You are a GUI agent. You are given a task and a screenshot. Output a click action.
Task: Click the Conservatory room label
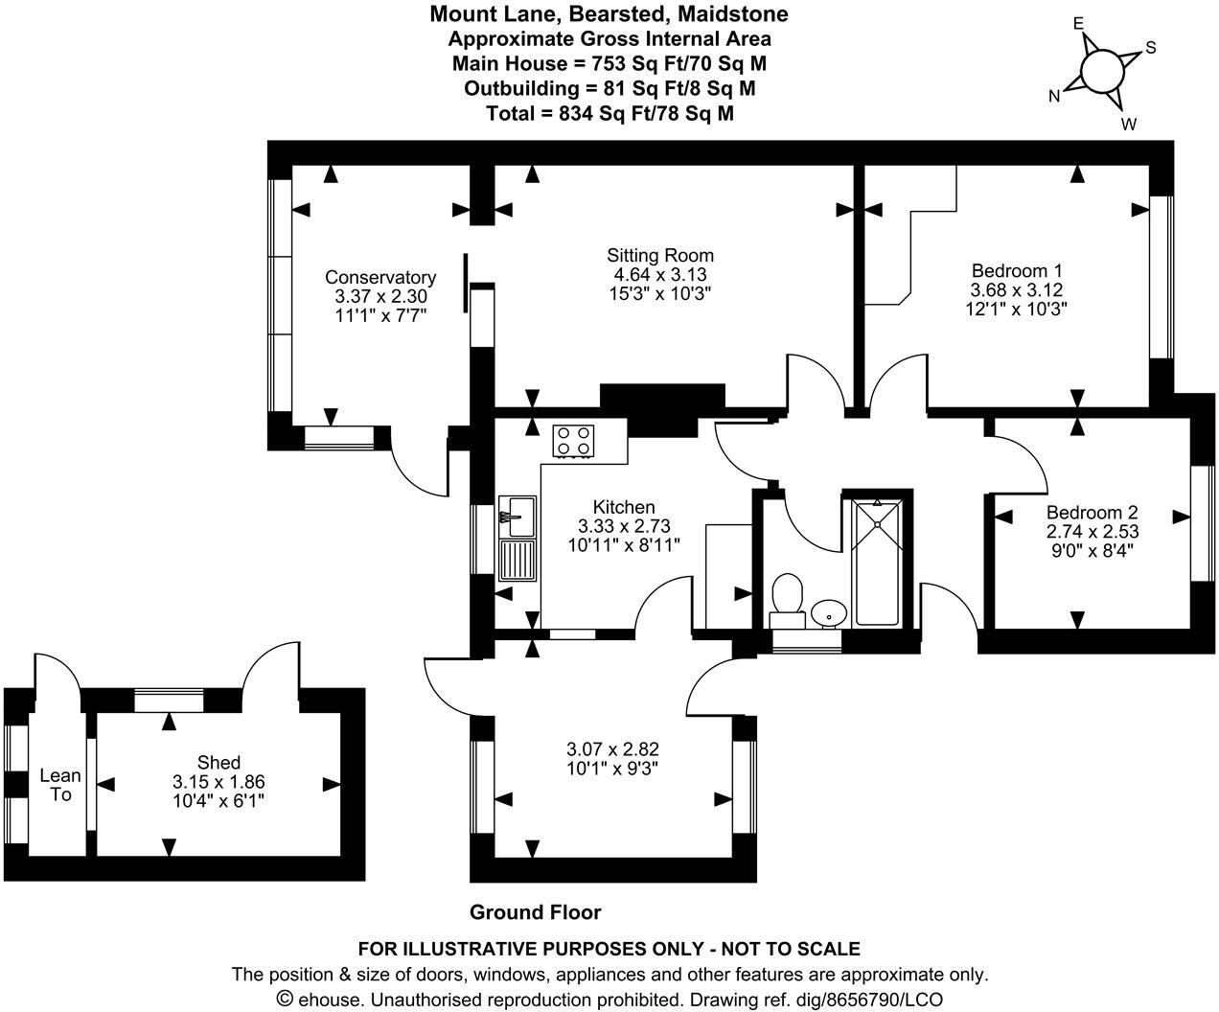[380, 277]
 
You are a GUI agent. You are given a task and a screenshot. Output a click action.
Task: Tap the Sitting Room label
[660, 255]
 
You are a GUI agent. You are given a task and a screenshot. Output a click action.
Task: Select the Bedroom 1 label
[1017, 270]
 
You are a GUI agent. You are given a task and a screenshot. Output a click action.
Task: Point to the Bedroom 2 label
[1092, 512]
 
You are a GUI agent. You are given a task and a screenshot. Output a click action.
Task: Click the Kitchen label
[624, 506]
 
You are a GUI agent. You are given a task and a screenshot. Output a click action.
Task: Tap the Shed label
[218, 762]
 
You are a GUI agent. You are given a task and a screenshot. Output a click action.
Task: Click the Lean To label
[60, 785]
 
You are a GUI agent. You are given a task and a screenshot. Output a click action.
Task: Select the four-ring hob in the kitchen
[573, 441]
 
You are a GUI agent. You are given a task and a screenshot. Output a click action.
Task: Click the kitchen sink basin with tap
[517, 517]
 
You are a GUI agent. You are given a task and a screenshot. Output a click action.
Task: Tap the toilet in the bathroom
[787, 600]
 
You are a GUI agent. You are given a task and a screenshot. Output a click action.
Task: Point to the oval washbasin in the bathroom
[828, 613]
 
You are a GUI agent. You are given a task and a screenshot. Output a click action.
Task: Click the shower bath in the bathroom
[877, 563]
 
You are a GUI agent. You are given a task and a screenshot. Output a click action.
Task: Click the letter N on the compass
[1054, 96]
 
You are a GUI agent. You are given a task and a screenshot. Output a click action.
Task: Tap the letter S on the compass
[1151, 47]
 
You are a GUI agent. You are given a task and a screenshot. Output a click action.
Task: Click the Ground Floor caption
[536, 912]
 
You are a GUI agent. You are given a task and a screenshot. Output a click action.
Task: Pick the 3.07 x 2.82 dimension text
[612, 748]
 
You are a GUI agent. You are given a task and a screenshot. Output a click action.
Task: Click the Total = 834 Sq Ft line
[610, 113]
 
